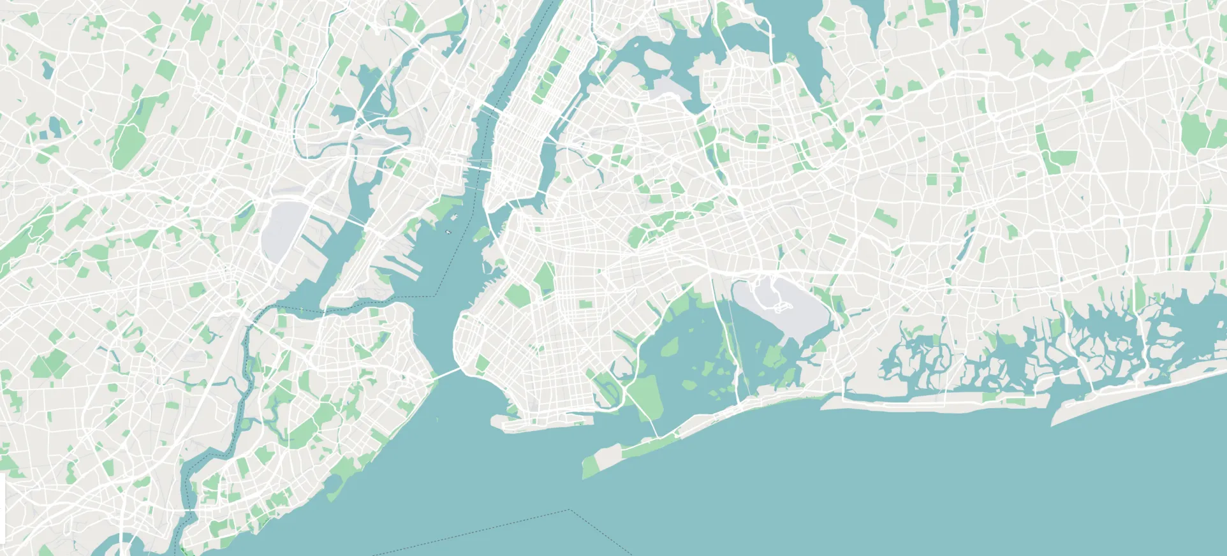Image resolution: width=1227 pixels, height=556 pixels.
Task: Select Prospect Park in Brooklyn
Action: [x=545, y=277]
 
